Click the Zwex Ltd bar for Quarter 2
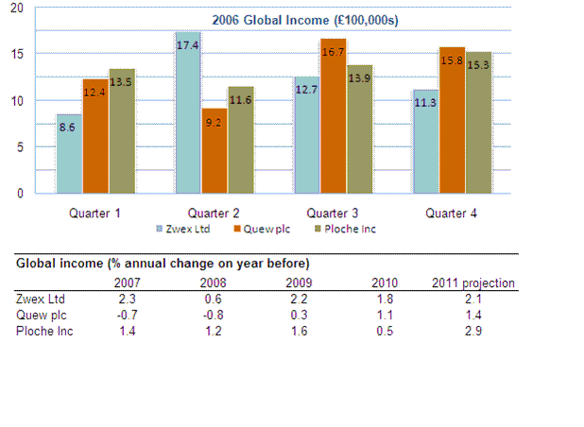188,113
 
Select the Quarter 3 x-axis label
331,213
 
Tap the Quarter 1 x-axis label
94,213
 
